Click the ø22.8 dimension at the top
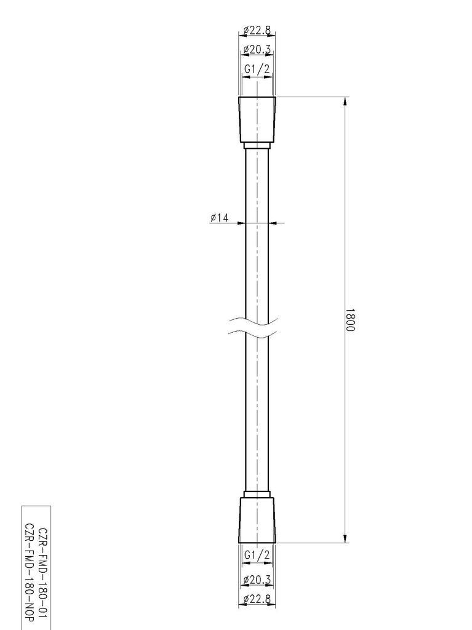coord(257,30)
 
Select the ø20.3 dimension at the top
coord(257,49)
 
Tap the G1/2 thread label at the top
coord(257,70)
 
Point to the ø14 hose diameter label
coord(219,217)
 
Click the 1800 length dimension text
coord(350,320)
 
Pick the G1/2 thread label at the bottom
coord(257,555)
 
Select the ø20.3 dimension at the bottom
coord(257,579)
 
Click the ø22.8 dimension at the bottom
coord(257,599)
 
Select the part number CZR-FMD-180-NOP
coord(28,567)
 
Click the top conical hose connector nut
coord(257,119)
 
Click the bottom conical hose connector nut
coord(257,520)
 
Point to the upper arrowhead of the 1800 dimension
coord(345,102)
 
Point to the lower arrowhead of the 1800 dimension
coord(345,538)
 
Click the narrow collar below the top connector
coord(257,146)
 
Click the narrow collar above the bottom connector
coord(257,494)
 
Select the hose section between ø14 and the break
coord(257,271)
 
